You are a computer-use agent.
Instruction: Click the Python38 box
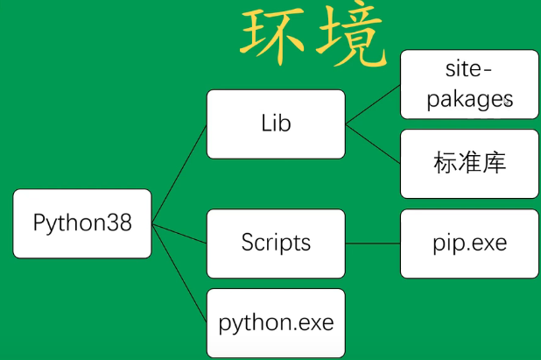click(82, 223)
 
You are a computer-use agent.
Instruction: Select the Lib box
click(276, 124)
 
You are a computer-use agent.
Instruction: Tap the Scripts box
click(276, 244)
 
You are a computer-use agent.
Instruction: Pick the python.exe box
click(276, 322)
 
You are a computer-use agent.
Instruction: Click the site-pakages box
click(469, 84)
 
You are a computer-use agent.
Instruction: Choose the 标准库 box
click(469, 164)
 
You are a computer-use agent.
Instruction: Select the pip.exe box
click(469, 244)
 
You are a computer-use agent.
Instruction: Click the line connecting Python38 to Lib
click(179, 174)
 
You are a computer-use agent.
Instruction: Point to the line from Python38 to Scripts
click(179, 233)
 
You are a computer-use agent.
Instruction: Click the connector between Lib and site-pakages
click(373, 104)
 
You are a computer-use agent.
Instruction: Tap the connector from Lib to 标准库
click(373, 144)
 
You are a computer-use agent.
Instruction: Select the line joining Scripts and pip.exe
click(373, 244)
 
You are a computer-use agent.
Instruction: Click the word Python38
click(82, 223)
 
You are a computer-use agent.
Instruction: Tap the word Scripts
click(276, 243)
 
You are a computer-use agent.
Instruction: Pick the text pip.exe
click(469, 243)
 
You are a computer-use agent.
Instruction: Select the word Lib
click(276, 124)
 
